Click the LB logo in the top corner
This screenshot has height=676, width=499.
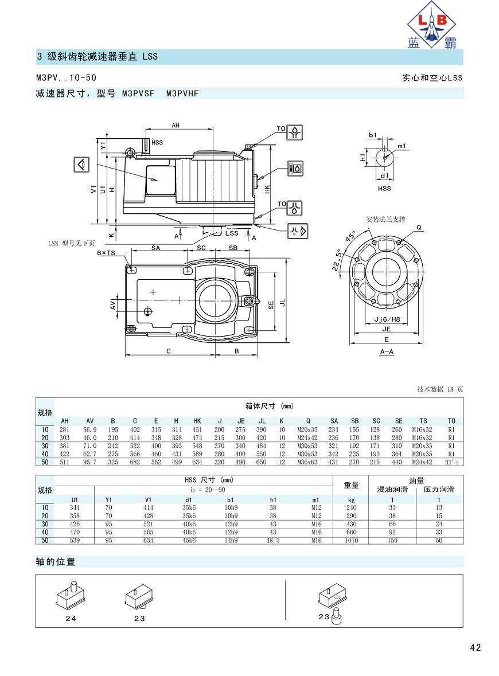tap(432, 25)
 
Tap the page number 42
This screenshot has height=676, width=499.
tap(475, 647)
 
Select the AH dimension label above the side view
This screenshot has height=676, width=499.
tap(175, 126)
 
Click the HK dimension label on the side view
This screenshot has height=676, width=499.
tap(267, 189)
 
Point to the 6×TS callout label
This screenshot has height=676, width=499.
tap(106, 253)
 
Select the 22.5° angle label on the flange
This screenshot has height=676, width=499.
tap(337, 260)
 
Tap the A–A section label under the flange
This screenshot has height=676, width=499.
tap(387, 352)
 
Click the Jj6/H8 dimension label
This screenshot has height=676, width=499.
tap(387, 319)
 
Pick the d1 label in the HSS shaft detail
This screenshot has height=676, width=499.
tap(384, 175)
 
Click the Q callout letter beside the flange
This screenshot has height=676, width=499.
tap(419, 228)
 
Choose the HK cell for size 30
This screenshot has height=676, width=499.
tap(197, 446)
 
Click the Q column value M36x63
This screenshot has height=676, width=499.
tap(307, 462)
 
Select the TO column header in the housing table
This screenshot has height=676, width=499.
tap(451, 421)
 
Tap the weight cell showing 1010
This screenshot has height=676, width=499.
tap(352, 540)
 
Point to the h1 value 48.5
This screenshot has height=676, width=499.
tap(273, 540)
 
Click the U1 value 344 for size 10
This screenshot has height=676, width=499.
tap(75, 508)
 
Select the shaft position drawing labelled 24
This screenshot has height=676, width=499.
tap(71, 597)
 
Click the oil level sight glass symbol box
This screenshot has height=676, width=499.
tap(295, 168)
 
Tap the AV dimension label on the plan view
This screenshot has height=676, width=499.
tap(112, 305)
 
